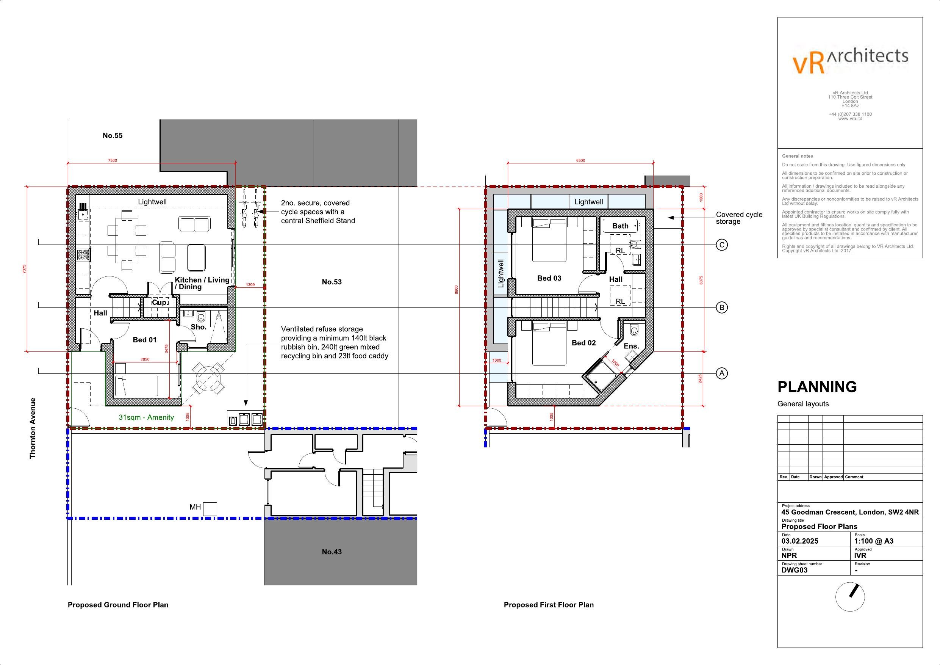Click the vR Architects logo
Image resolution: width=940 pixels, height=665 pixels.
[x=850, y=62]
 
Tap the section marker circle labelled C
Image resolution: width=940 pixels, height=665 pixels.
[x=722, y=245]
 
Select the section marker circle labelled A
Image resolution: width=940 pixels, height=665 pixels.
[x=722, y=373]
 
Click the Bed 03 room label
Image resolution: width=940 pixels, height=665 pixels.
[x=549, y=278]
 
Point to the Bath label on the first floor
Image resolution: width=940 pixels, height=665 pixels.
[x=620, y=226]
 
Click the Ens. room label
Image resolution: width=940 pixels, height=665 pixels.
[x=631, y=346]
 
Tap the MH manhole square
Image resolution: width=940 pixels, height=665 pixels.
[x=210, y=509]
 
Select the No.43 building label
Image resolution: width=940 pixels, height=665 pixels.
[x=332, y=552]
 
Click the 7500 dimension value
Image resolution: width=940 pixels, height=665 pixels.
[x=112, y=161]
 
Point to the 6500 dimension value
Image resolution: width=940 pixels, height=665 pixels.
[x=580, y=161]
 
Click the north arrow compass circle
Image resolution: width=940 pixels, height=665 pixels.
[x=850, y=597]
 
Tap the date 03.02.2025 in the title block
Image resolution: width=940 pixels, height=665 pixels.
[x=799, y=541]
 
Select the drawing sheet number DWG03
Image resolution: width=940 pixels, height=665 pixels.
[x=794, y=570]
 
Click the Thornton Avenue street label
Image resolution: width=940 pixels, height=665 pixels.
[x=33, y=428]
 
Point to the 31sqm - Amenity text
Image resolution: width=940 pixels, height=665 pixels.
[x=146, y=417]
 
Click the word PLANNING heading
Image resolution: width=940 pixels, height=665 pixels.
[x=817, y=387]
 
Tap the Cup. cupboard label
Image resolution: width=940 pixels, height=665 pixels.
[x=159, y=303]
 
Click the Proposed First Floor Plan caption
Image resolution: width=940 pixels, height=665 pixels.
[x=549, y=605]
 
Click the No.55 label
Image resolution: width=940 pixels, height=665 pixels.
[x=113, y=136]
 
